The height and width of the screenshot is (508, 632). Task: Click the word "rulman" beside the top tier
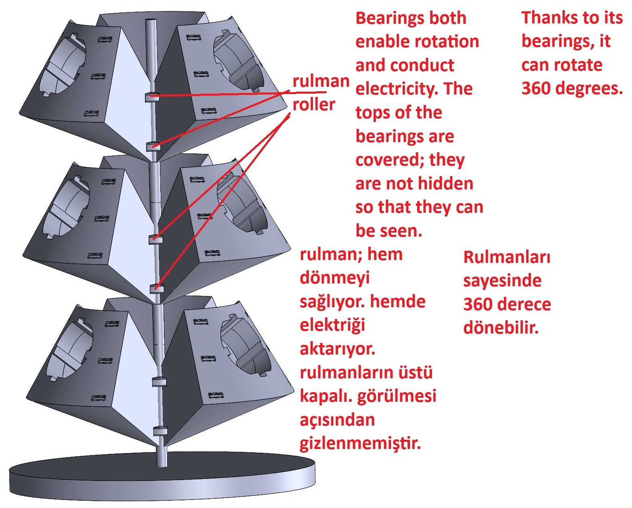tap(321, 81)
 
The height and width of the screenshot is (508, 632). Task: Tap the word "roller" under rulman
tap(313, 105)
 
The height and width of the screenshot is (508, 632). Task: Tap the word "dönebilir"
tap(501, 327)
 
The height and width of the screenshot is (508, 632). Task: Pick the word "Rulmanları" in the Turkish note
tap(507, 257)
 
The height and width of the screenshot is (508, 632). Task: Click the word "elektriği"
tap(332, 325)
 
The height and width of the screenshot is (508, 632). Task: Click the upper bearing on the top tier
tap(152, 97)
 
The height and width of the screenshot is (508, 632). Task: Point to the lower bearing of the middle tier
tap(157, 288)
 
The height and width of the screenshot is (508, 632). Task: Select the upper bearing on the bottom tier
tap(159, 382)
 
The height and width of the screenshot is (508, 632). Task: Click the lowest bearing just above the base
tap(160, 431)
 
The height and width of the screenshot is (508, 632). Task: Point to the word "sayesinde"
tap(502, 281)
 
